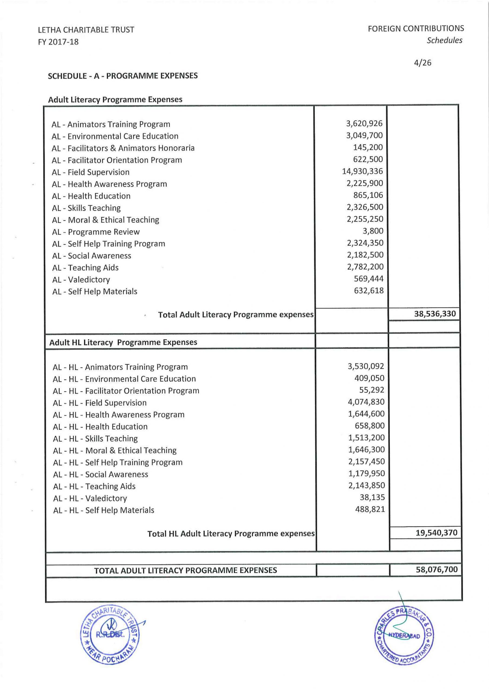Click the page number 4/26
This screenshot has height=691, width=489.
pos(423,63)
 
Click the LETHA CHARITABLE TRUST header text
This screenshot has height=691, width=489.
pos(86,30)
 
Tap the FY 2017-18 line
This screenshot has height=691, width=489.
pos(58,42)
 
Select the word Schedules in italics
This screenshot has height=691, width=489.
pos(444,40)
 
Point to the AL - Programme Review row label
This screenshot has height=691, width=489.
pos(96,232)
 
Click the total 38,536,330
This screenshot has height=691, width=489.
pos(435,314)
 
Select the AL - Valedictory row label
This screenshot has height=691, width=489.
pos(81,280)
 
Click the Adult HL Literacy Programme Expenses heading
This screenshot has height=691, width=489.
pos(123,342)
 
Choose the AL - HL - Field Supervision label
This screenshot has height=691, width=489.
pos(99,403)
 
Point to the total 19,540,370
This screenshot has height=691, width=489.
pos(436,533)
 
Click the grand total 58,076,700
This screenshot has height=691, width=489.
pos(437,570)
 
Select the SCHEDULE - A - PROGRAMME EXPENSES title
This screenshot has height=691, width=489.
pos(123,76)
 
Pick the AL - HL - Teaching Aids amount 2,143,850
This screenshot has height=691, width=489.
pos(366,485)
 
